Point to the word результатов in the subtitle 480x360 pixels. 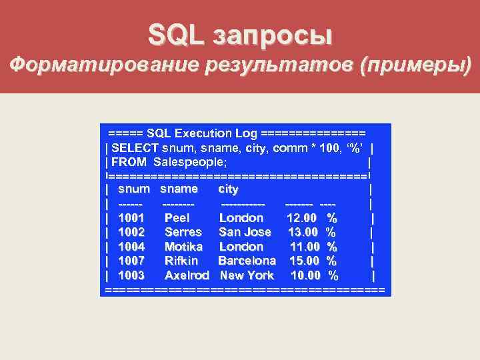coord(279,66)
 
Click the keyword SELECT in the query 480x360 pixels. coord(135,147)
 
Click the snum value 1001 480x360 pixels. coord(131,218)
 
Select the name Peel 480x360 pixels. coord(177,218)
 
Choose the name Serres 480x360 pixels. coord(183,232)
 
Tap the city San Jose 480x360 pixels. coord(245,232)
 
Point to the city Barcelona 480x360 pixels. coord(247,261)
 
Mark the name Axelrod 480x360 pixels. coord(187,275)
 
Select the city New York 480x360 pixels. coord(247,275)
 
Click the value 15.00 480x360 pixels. coord(303,261)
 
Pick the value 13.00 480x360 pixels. coord(303,232)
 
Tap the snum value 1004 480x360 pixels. coord(131,247)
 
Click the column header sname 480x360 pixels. coord(179,189)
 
